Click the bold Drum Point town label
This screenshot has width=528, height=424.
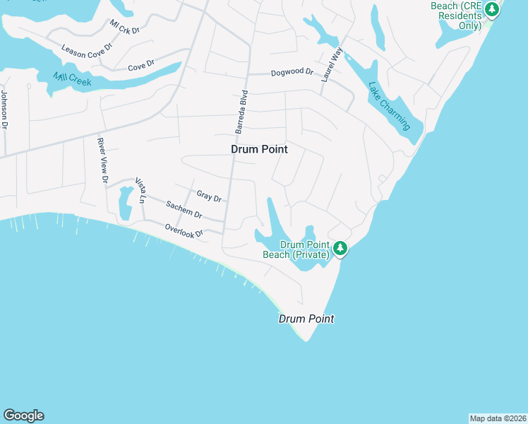259,150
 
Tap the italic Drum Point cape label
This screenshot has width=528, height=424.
306,319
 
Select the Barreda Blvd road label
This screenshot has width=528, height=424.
241,112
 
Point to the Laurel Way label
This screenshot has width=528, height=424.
331,65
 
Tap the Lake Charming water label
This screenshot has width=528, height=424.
389,107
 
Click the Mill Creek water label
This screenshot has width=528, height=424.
73,83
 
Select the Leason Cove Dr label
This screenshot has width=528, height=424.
88,54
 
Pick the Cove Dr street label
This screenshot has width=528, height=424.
141,67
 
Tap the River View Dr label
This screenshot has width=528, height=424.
102,160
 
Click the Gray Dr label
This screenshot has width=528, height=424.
209,196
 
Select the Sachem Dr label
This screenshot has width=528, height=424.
184,210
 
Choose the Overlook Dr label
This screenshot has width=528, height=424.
184,230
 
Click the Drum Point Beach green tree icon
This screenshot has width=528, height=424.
340,247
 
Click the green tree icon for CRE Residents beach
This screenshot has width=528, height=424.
493,9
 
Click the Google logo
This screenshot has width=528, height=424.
23,416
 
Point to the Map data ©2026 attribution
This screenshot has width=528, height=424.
498,418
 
